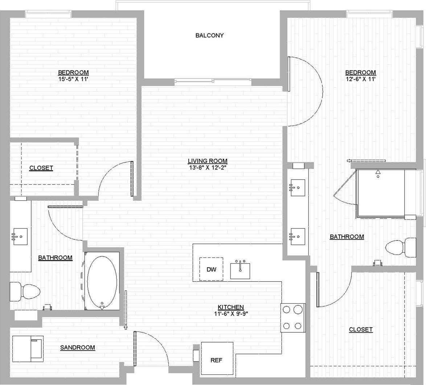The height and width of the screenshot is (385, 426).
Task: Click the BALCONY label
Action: click(x=209, y=36)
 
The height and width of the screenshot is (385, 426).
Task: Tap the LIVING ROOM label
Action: click(x=208, y=161)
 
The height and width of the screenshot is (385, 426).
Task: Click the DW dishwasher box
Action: click(x=211, y=269)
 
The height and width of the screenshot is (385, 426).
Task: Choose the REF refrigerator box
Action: click(x=216, y=360)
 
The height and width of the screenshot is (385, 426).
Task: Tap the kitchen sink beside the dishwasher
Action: click(x=240, y=270)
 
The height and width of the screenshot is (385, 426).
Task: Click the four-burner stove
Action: click(x=293, y=318)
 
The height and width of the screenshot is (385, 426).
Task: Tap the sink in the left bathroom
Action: click(x=20, y=236)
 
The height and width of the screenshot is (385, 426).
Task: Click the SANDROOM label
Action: click(x=78, y=348)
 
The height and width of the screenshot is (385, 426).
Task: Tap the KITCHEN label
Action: click(x=231, y=307)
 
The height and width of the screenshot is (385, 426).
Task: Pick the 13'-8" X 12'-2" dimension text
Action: click(x=208, y=167)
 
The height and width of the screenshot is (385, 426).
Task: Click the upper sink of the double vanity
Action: click(x=298, y=188)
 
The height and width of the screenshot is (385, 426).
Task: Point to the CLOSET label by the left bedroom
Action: click(x=41, y=168)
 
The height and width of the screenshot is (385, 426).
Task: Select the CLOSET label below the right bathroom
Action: click(x=361, y=329)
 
